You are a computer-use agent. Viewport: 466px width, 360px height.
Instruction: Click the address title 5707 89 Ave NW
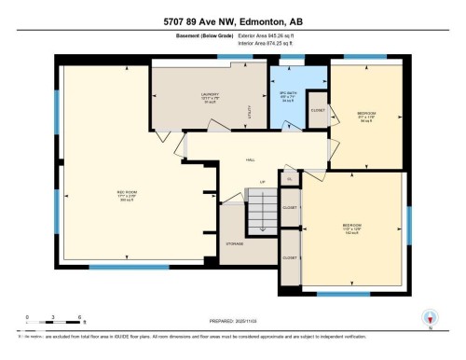(233, 21)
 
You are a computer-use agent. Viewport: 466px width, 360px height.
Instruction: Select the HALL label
(251, 160)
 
